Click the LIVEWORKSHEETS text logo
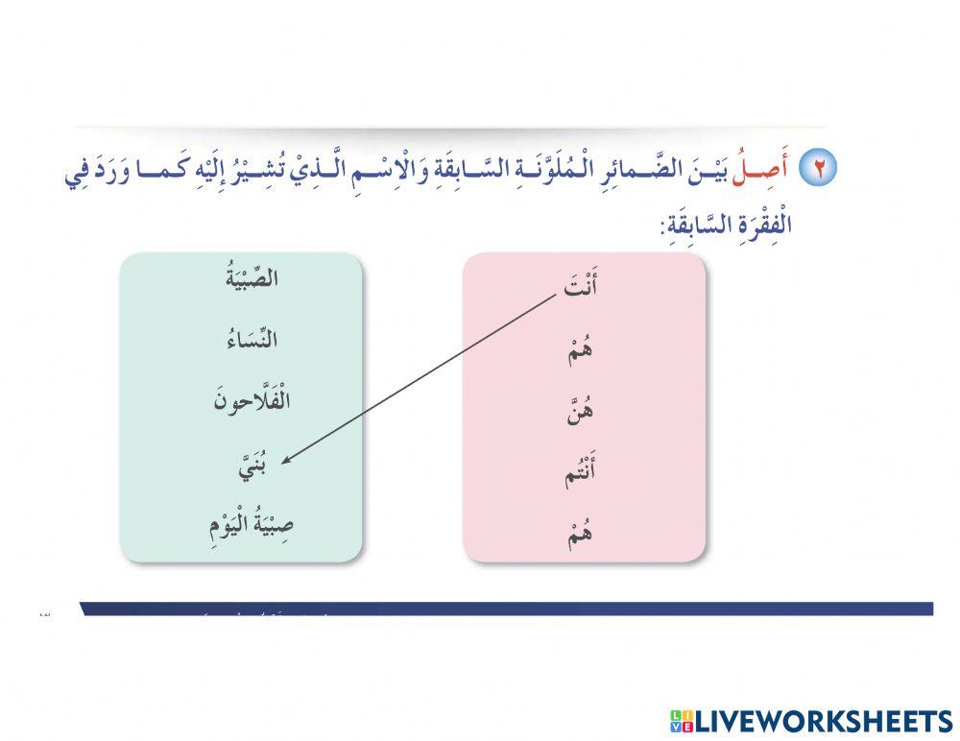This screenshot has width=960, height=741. tap(822, 720)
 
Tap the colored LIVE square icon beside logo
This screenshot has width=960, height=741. tap(680, 721)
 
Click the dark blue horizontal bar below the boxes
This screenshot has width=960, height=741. tap(509, 609)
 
